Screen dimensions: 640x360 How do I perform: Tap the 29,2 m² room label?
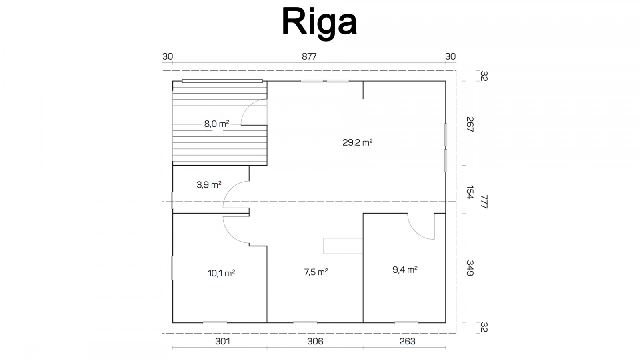(358, 142)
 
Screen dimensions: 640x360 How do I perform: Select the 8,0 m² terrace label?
(216, 124)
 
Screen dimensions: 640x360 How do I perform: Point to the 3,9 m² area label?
(209, 185)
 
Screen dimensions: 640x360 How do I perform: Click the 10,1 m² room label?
(221, 274)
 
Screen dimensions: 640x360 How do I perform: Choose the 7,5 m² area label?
(316, 272)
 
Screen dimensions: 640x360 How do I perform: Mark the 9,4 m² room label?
(405, 270)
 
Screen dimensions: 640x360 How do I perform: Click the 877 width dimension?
(309, 56)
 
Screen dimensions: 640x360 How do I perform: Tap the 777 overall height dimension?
(484, 202)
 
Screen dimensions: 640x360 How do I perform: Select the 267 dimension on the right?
(470, 124)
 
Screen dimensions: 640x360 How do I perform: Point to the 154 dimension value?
(470, 192)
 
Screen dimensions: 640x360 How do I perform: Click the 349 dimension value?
(470, 268)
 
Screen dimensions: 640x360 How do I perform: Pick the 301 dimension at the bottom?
(222, 341)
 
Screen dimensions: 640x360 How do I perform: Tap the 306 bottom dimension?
(315, 341)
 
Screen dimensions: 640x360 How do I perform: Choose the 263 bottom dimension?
(408, 341)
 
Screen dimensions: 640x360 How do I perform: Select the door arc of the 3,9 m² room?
(230, 188)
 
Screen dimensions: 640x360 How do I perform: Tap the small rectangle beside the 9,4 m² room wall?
(343, 246)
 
